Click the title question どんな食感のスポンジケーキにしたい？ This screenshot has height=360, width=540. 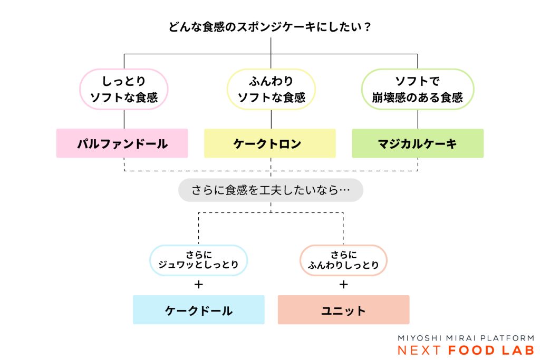click(x=270, y=27)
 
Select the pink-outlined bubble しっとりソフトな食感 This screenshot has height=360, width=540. click(x=124, y=90)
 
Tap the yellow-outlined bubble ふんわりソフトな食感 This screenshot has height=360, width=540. click(x=271, y=90)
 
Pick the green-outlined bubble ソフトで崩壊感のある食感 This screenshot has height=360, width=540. click(x=417, y=90)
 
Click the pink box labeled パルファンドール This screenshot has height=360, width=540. click(x=122, y=143)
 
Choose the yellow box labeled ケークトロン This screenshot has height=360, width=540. click(x=270, y=143)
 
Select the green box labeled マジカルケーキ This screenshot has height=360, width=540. click(x=418, y=143)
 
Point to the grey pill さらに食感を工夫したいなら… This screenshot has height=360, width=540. click(x=271, y=190)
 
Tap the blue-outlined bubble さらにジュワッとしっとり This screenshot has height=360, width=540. click(x=198, y=260)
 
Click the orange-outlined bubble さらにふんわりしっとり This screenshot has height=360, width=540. click(x=343, y=260)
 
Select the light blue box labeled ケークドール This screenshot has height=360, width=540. click(x=198, y=310)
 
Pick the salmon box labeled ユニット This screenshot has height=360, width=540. click(x=343, y=310)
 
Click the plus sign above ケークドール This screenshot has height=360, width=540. click(x=198, y=285)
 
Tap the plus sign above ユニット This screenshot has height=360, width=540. click(x=343, y=285)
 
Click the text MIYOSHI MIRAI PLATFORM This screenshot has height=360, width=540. click(x=466, y=338)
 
